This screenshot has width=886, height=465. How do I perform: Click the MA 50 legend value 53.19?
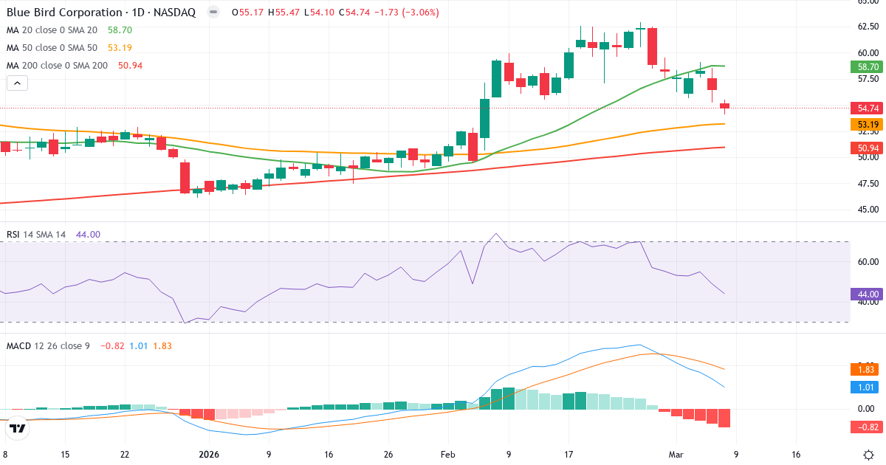point(120,48)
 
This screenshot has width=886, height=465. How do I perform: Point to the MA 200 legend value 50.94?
point(130,66)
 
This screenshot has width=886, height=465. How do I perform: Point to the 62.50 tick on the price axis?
point(868,27)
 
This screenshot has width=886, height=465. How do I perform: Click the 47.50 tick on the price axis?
point(868,183)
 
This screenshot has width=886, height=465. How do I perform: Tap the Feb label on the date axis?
point(448,455)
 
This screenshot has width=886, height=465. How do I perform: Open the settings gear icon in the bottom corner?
point(869,454)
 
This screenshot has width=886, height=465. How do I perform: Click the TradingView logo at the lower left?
point(18,427)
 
